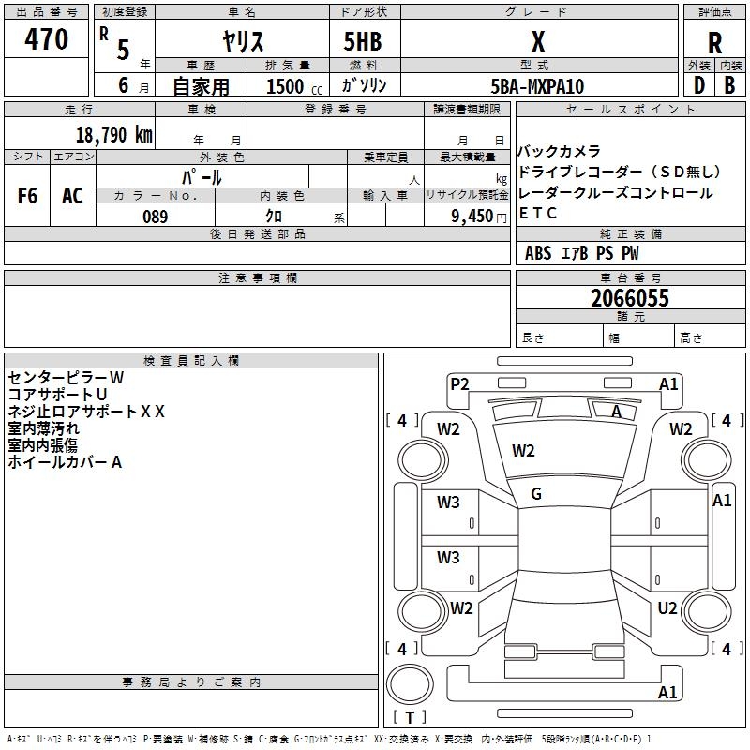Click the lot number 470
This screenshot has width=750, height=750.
(46, 38)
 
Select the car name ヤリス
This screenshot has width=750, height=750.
(243, 41)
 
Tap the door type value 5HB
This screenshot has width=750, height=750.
(363, 41)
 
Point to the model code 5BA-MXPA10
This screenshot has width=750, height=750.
(537, 86)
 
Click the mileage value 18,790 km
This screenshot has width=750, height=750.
(114, 135)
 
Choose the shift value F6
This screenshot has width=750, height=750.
(27, 196)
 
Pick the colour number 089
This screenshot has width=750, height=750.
(156, 217)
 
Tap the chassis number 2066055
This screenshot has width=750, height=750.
(630, 298)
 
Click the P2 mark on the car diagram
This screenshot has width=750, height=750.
(459, 383)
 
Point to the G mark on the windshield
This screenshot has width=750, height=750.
(536, 494)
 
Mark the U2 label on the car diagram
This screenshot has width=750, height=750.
(667, 608)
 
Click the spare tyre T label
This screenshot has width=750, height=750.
(410, 717)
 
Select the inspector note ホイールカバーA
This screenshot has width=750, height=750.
(65, 462)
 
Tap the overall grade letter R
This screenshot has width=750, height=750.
(714, 43)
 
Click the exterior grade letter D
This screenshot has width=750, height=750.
(699, 85)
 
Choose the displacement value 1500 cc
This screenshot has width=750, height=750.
(294, 86)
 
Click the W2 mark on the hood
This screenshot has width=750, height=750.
(523, 451)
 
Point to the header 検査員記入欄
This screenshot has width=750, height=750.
(191, 361)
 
